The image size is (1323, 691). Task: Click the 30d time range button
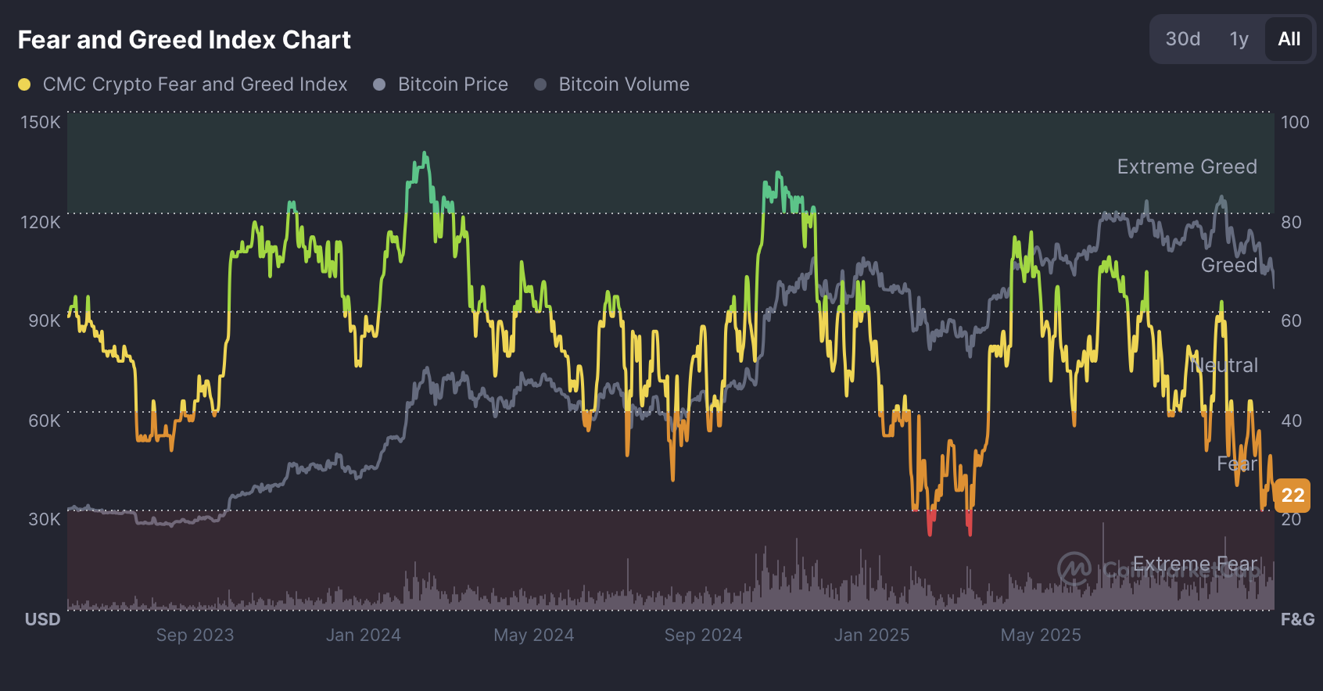[x=1182, y=39]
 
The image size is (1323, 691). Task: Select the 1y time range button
[x=1239, y=39]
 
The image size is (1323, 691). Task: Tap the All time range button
[x=1289, y=39]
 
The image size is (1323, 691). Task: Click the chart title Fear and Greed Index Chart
[x=184, y=40]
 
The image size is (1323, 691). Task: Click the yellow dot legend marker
[x=24, y=84]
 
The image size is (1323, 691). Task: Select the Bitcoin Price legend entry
[x=452, y=84]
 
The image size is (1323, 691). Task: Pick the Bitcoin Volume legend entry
[x=623, y=84]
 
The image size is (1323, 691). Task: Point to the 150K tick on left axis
[x=40, y=122]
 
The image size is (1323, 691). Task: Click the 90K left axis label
[x=44, y=321]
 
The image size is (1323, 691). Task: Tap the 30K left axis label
[x=44, y=520]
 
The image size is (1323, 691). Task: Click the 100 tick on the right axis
[x=1295, y=122]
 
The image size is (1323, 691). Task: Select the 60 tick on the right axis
[x=1291, y=321]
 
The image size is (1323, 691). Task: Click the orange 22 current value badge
[x=1293, y=495]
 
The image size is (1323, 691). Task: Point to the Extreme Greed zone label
[x=1186, y=166]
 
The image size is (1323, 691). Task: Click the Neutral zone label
[x=1224, y=365]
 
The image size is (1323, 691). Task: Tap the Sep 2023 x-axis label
[x=195, y=635]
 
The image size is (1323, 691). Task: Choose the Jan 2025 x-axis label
[x=871, y=635]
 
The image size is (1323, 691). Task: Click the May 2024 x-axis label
[x=533, y=635]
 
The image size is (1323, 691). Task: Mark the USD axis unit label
[x=42, y=620]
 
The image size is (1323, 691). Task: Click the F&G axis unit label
[x=1297, y=620]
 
